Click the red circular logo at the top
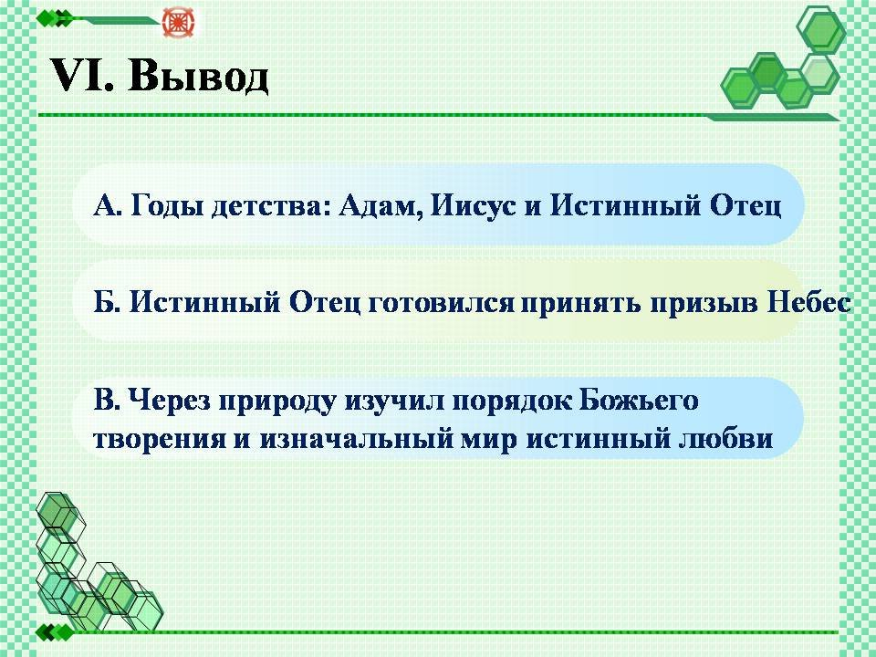[x=175, y=22]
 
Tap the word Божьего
[x=639, y=401]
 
